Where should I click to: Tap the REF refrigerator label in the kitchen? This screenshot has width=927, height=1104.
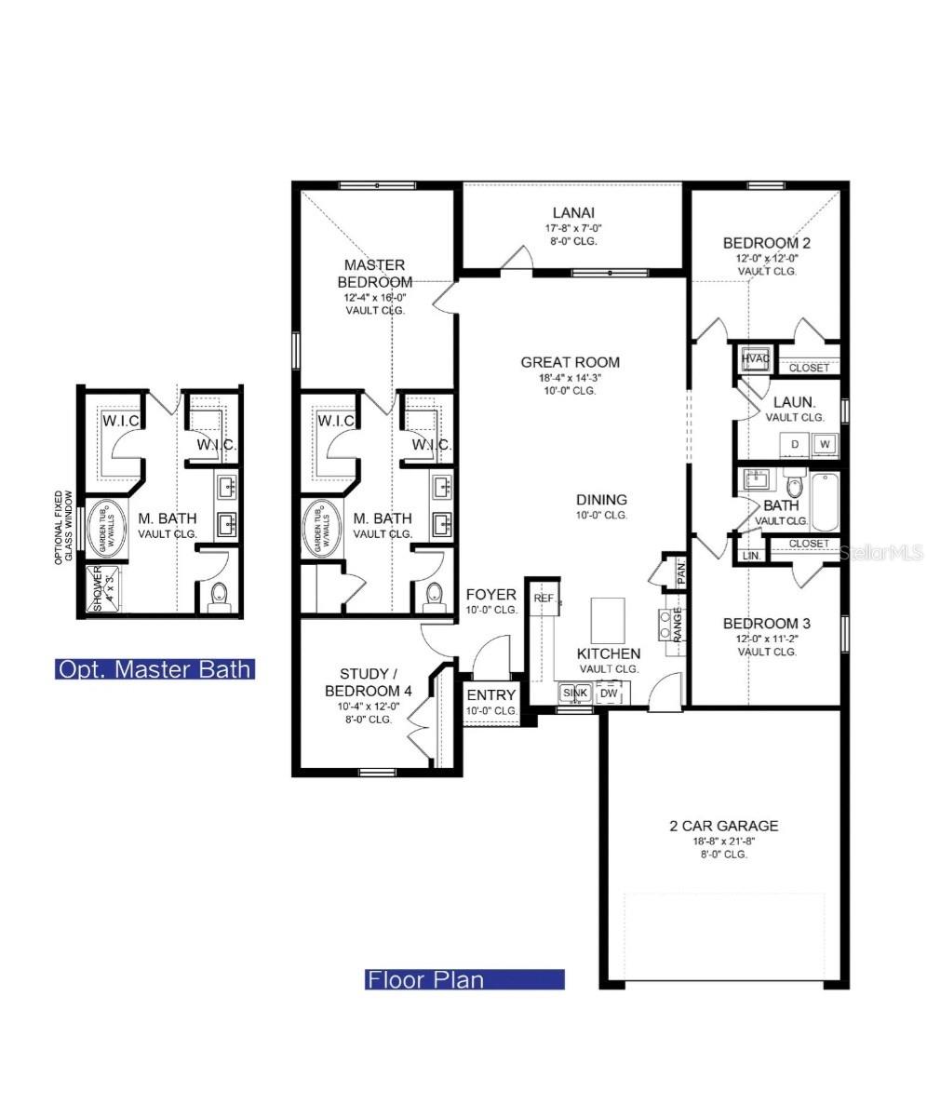[x=543, y=598]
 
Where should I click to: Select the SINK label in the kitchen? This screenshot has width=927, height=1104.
[x=574, y=693]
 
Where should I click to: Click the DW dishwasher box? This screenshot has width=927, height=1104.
[x=609, y=693]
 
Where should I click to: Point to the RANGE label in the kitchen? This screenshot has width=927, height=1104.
[x=677, y=626]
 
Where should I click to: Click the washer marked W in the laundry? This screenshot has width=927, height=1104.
[x=824, y=445]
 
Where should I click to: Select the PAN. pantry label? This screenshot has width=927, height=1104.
[x=680, y=572]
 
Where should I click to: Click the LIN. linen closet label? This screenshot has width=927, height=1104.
[x=749, y=556]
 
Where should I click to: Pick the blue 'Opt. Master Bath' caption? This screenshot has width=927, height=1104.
[x=154, y=669]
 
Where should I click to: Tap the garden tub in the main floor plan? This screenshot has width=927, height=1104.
[x=325, y=530]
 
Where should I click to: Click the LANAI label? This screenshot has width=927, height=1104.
[x=571, y=212]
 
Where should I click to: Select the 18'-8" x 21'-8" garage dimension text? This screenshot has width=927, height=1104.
[x=723, y=841]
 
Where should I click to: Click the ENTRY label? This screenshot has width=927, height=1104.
[x=491, y=695]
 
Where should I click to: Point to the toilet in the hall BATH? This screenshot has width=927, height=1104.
[x=794, y=485]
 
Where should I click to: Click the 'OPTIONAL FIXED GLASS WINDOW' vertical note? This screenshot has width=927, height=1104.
[x=63, y=527]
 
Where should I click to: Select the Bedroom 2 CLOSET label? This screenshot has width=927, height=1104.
[x=808, y=368]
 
